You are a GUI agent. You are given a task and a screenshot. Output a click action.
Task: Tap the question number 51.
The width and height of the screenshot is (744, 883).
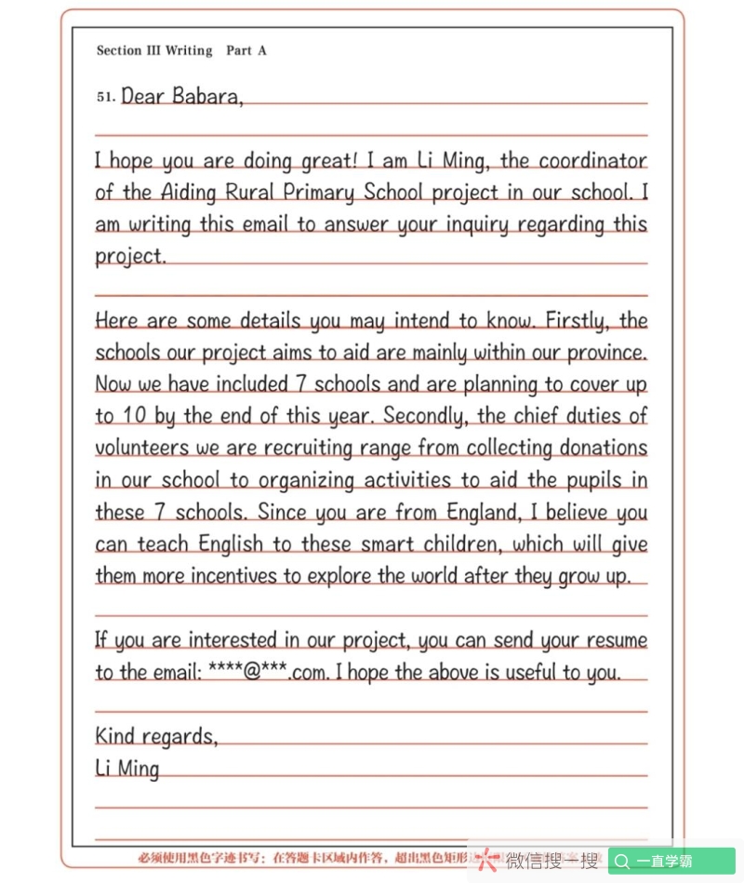106,96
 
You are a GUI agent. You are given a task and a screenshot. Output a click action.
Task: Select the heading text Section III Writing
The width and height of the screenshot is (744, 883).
154,50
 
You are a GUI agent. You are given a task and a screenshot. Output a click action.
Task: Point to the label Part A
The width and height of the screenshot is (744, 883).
246,50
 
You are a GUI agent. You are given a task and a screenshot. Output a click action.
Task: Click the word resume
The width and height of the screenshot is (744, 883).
615,640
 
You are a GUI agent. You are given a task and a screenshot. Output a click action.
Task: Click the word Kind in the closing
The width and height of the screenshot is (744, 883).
115,736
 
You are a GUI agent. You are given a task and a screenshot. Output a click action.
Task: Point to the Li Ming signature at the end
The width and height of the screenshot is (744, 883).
127,769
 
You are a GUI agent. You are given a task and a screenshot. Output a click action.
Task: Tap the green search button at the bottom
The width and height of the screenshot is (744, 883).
671,861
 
